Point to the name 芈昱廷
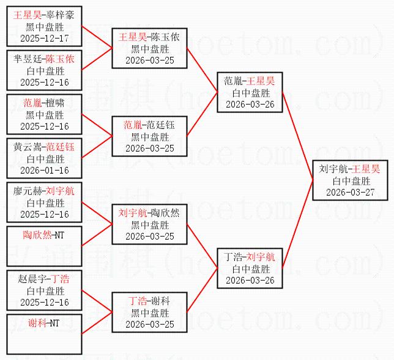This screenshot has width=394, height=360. (26, 59)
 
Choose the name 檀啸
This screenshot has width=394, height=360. (56, 103)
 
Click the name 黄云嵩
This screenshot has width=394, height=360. (26, 147)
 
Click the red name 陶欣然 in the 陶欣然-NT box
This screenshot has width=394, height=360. (37, 235)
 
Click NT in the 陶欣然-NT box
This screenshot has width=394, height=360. (59, 235)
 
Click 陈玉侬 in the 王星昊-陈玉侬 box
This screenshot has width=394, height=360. (165, 37)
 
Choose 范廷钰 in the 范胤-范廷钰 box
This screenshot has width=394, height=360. (163, 125)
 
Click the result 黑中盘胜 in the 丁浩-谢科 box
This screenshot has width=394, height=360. (150, 312)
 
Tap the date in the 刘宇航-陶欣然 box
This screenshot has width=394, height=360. (150, 236)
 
